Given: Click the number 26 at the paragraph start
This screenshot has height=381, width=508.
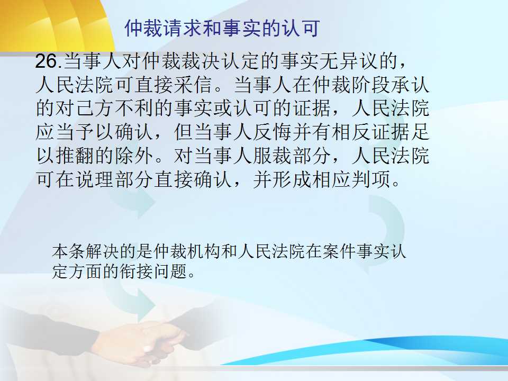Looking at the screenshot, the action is pyautogui.click(x=47, y=60).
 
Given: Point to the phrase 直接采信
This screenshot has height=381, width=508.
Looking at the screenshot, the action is pyautogui.click(x=174, y=84).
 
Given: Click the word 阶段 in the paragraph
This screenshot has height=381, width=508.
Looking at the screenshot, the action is pyautogui.click(x=371, y=84).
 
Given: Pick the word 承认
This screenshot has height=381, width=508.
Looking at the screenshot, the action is pyautogui.click(x=410, y=84).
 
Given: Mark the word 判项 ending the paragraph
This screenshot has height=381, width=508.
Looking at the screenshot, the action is pyautogui.click(x=371, y=179).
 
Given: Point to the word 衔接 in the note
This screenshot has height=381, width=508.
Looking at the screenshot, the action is pyautogui.click(x=136, y=271).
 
